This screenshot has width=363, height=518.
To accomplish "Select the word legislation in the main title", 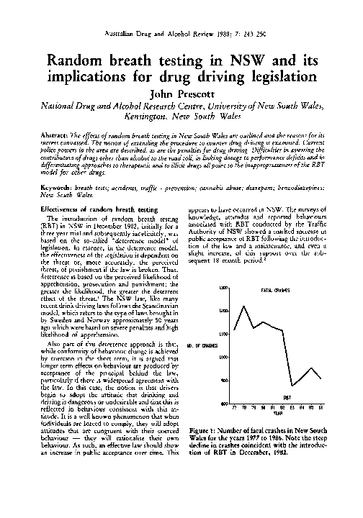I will click(276, 78).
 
